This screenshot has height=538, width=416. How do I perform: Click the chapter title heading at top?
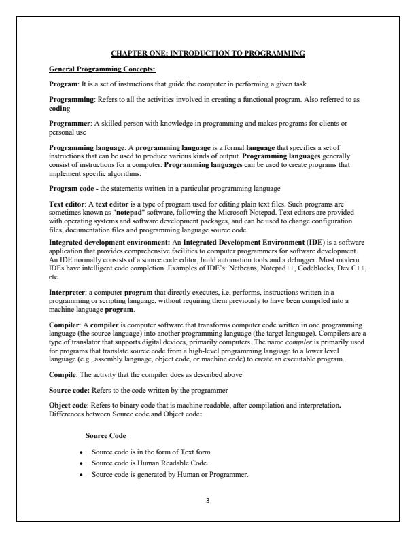pyautogui.click(x=208, y=52)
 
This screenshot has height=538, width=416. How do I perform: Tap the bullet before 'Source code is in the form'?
pyautogui.click(x=82, y=451)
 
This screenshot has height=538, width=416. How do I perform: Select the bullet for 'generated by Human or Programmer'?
pyautogui.click(x=82, y=473)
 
